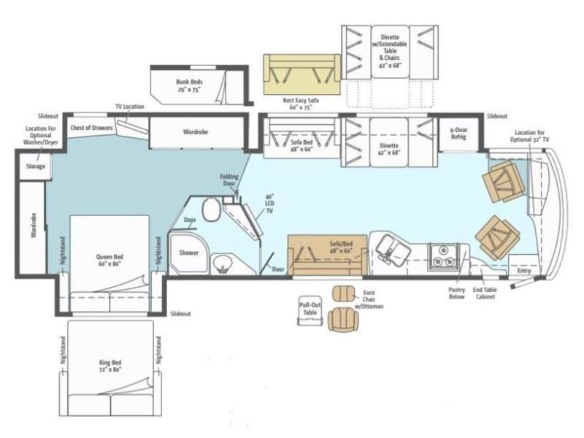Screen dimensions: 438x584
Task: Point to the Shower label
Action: [189, 253]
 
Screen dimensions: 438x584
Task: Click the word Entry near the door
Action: [524, 272]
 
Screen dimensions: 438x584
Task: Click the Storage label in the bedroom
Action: [36, 166]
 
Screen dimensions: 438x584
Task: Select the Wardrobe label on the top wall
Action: [194, 133]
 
